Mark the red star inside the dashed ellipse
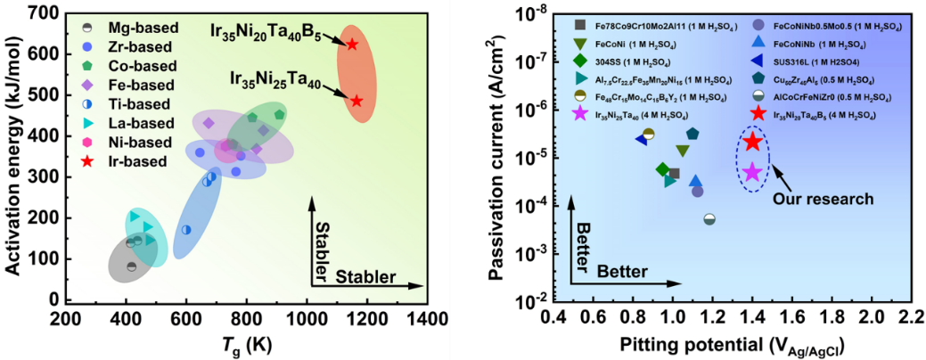click(x=752, y=142)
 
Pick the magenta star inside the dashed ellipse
click(x=752, y=172)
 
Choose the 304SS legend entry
click(x=619, y=61)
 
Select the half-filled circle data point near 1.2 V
click(x=709, y=218)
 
